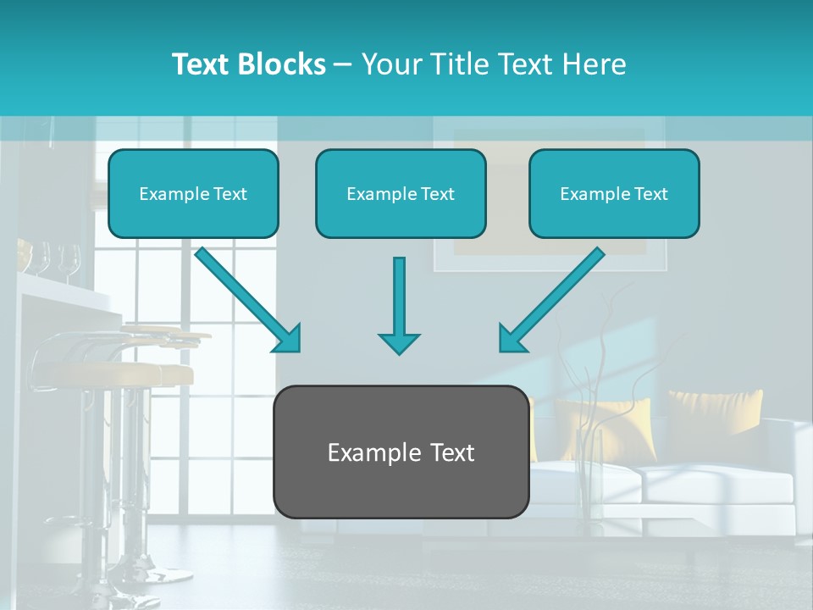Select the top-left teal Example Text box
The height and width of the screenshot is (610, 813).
pos(193,194)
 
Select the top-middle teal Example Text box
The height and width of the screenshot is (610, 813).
pos(401,194)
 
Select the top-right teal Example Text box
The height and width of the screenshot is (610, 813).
pos(614,194)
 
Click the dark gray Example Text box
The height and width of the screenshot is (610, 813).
pos(401,452)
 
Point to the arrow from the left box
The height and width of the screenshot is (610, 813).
pos(246,298)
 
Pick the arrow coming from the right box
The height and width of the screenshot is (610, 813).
pos(555,298)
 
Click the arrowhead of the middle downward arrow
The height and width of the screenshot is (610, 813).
pos(399,342)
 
